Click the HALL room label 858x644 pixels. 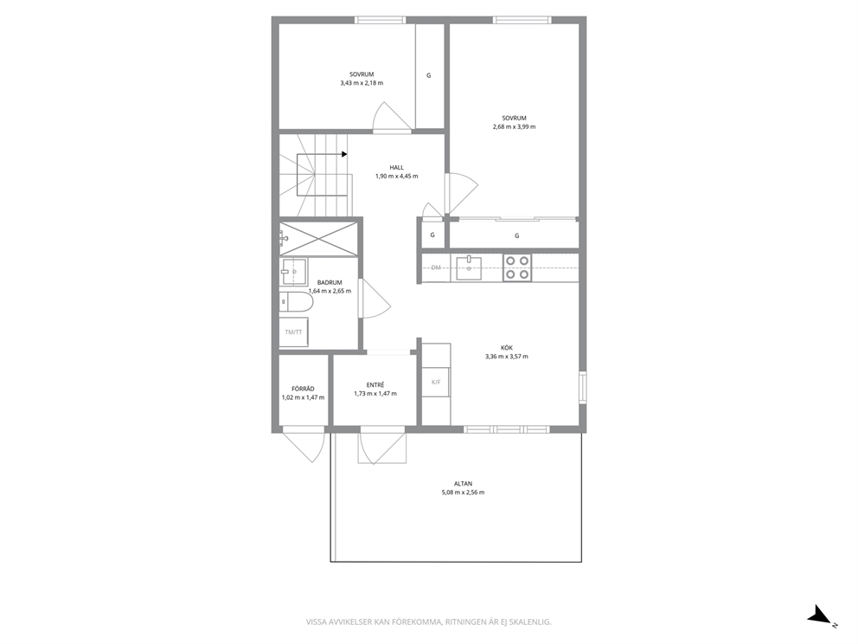click(x=397, y=168)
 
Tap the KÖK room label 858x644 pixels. click(x=507, y=348)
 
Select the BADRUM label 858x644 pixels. click(x=330, y=282)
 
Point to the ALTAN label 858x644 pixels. click(x=463, y=484)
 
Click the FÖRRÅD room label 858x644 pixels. click(x=303, y=389)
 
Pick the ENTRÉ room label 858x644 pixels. click(x=375, y=385)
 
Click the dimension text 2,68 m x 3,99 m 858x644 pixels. click(x=515, y=126)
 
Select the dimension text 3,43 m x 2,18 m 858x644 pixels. click(x=362, y=83)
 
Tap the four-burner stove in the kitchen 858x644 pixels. click(x=517, y=267)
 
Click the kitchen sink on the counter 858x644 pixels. click(x=469, y=267)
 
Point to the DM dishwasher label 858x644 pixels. click(x=436, y=267)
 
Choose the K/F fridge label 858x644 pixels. click(x=436, y=383)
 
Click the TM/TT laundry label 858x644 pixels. click(x=293, y=332)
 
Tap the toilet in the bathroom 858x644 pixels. click(x=296, y=302)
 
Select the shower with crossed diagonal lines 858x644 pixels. click(x=319, y=238)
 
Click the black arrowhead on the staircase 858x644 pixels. click(x=344, y=154)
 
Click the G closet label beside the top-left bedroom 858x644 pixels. click(x=428, y=75)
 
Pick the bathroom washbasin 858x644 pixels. click(x=294, y=271)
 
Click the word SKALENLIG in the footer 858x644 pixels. click(x=532, y=622)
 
